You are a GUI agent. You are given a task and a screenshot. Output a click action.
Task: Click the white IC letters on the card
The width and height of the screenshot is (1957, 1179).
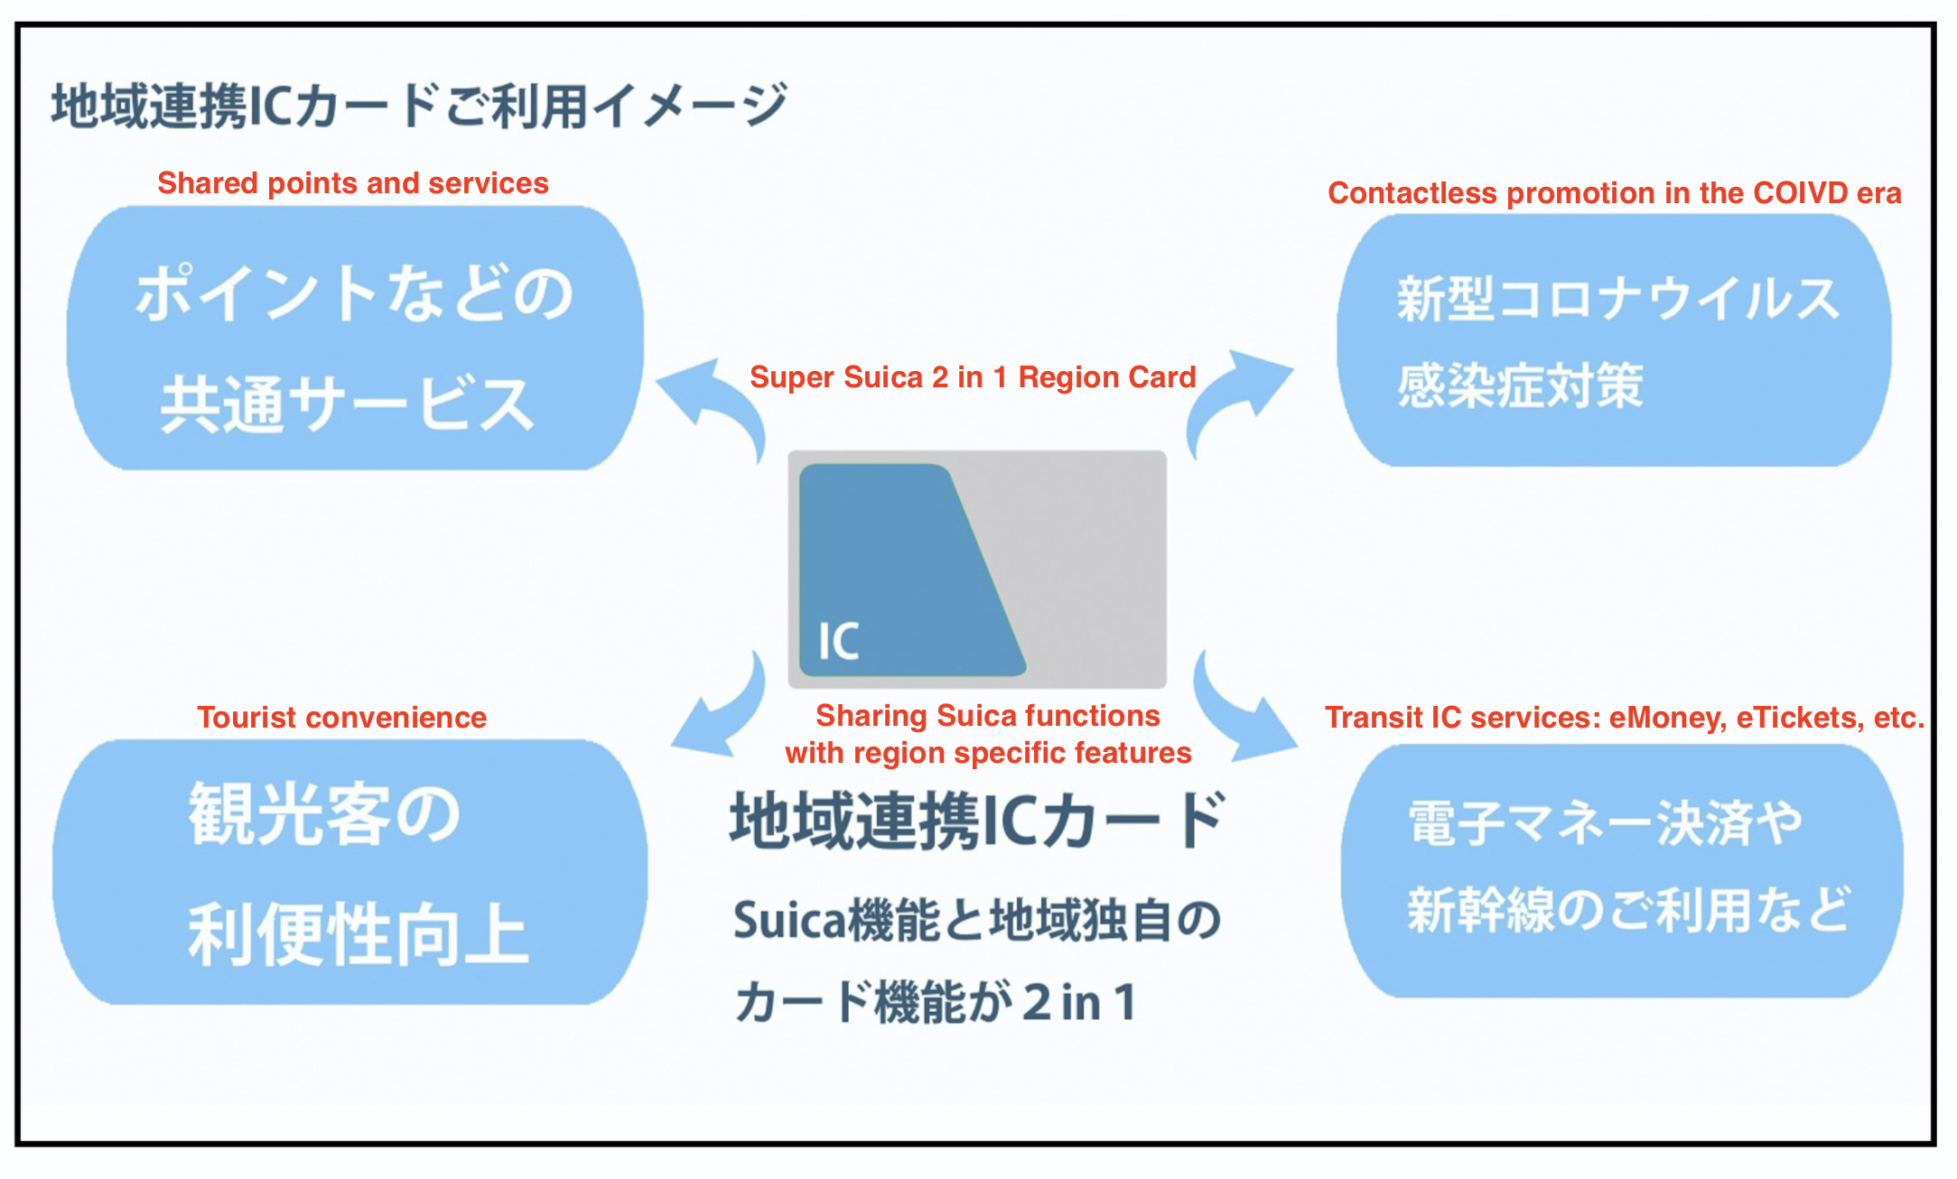coord(838,642)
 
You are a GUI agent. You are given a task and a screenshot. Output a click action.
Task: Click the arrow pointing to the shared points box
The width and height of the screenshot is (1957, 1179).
coord(713,402)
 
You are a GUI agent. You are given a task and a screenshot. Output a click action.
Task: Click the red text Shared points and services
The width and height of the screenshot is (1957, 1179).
coord(352,183)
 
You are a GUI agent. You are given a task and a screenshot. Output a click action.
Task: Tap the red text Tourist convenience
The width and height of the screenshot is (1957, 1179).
coord(341,718)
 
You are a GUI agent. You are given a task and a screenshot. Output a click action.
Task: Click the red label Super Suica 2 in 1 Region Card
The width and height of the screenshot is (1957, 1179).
coord(973,377)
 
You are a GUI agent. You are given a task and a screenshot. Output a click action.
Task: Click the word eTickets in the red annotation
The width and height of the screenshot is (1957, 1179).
coord(1800,718)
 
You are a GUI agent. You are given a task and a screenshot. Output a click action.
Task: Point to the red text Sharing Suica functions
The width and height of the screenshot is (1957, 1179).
coord(987,716)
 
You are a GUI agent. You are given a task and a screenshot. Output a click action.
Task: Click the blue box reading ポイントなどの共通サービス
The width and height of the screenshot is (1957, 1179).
coord(354,339)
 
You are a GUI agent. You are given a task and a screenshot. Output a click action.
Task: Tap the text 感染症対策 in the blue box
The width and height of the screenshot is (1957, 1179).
coord(1520,386)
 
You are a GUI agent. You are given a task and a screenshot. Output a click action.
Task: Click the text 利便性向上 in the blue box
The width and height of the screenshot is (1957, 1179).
coord(357,935)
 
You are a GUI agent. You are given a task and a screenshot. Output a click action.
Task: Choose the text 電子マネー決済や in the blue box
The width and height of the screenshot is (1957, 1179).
coord(1605,823)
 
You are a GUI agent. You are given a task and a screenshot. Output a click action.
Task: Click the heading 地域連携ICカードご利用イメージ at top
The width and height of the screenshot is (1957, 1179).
coord(419,107)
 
